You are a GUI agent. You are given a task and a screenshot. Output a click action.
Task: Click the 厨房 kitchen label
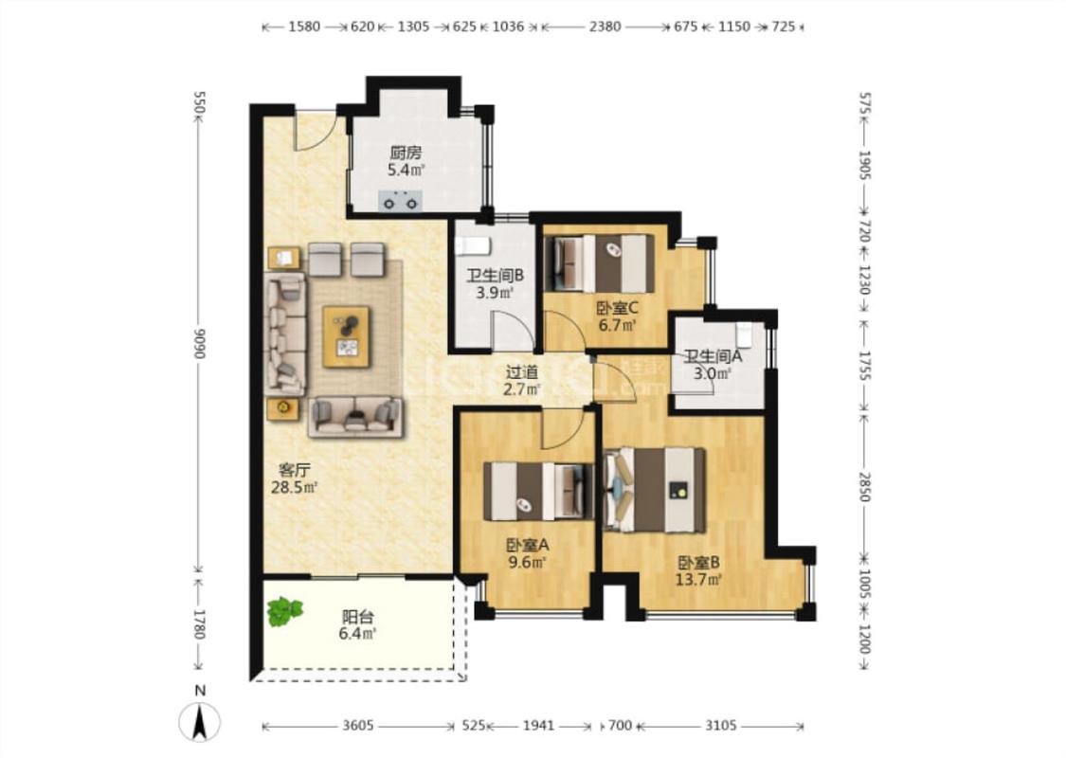click(x=405, y=153)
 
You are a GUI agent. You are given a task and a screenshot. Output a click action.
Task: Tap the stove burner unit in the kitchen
click(x=401, y=201)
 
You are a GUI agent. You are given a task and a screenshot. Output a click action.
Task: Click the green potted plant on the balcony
click(x=285, y=611)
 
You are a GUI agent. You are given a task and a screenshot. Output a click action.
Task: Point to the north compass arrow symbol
click(x=200, y=722)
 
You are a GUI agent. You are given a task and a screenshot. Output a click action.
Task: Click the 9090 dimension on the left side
click(x=199, y=343)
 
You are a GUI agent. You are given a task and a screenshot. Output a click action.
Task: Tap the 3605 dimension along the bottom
click(x=357, y=726)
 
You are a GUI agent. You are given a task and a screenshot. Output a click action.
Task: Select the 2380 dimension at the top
click(x=605, y=27)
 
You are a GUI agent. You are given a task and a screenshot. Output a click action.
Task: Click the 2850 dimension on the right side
click(x=864, y=486)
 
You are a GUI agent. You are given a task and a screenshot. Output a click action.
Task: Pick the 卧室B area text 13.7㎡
click(x=698, y=580)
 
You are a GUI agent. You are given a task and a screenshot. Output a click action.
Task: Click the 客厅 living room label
click(x=295, y=470)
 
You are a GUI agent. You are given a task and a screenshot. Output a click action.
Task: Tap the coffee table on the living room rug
click(x=346, y=337)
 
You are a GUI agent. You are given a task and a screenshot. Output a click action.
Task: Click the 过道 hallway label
click(x=521, y=372)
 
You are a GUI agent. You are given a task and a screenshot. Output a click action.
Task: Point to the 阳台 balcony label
click(x=357, y=617)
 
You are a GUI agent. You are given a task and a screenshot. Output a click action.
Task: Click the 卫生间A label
click(x=713, y=356)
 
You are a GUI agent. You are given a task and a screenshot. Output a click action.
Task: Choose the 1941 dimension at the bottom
click(x=538, y=726)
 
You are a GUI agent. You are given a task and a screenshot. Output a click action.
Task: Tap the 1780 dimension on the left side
click(x=199, y=624)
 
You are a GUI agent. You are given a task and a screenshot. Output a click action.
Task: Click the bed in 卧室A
click(x=539, y=491)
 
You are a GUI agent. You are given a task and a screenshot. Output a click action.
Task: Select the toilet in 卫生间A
click(x=744, y=334)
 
